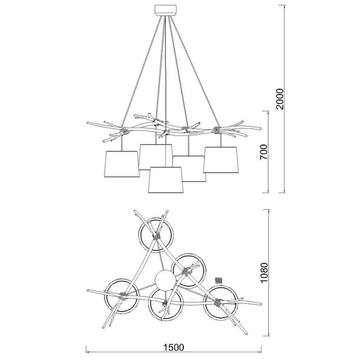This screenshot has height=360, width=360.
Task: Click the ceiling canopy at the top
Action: pos(166,10)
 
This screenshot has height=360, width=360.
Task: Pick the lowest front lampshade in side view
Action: pos(166,180)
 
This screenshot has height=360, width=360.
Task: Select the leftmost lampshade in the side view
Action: pos(122,164)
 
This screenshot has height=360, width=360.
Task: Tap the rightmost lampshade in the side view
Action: pos(221,160)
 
